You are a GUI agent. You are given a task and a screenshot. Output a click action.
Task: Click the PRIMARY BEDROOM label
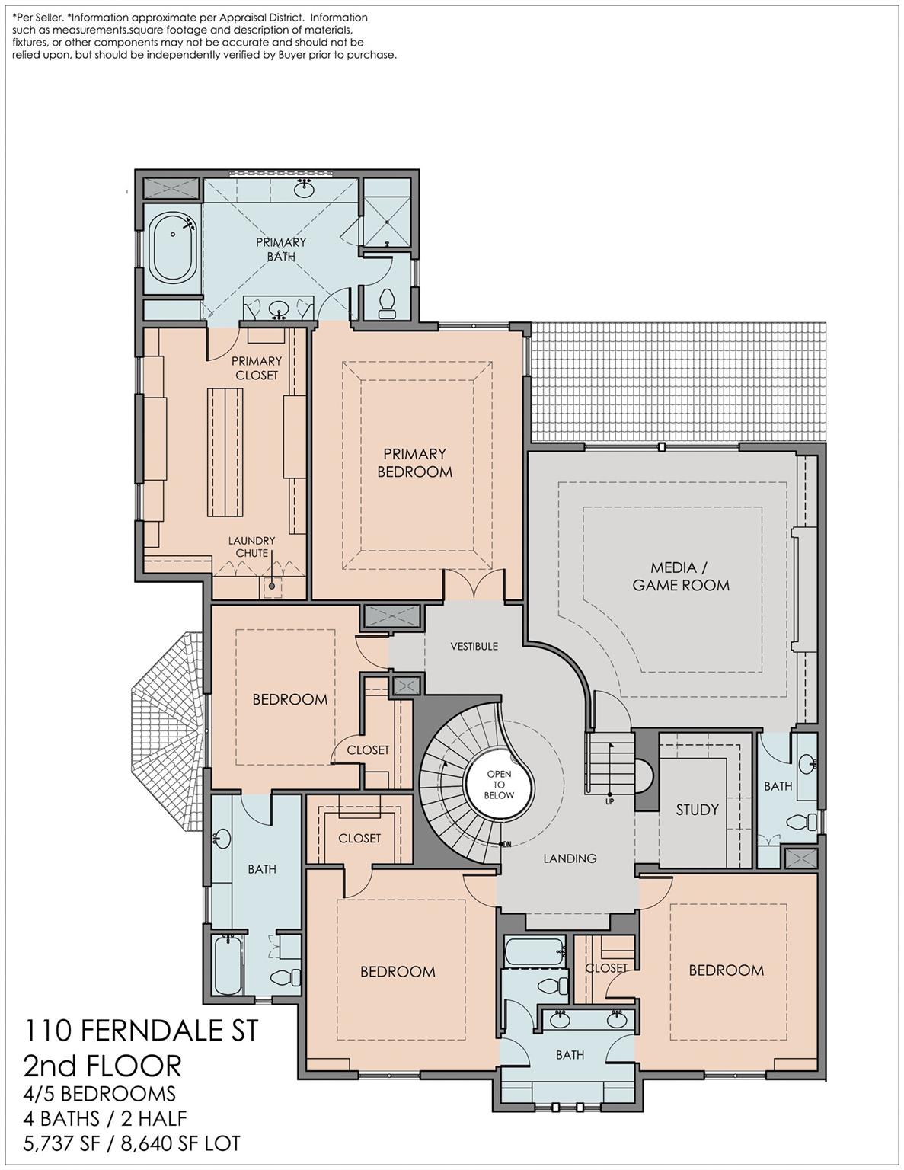point(414,462)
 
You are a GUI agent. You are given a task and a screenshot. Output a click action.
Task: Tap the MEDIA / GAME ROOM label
point(681,576)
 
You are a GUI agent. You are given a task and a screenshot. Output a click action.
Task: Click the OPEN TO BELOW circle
point(500,785)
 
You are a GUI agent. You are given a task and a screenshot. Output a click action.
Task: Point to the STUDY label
point(698,810)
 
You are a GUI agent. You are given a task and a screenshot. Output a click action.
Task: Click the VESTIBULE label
point(474,646)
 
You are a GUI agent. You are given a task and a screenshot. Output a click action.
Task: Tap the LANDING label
point(570,858)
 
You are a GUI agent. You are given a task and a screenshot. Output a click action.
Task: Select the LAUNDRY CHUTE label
point(251,546)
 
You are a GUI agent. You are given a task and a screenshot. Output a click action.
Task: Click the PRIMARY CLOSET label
point(257,368)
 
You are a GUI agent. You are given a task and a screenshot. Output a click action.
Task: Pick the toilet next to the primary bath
point(387,303)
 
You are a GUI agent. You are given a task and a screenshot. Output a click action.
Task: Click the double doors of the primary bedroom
point(474,584)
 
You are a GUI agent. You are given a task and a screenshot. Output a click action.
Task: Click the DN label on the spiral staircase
point(506,845)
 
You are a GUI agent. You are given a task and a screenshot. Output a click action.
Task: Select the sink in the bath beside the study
point(807,763)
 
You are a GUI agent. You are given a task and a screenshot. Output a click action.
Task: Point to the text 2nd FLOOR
point(102,1066)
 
